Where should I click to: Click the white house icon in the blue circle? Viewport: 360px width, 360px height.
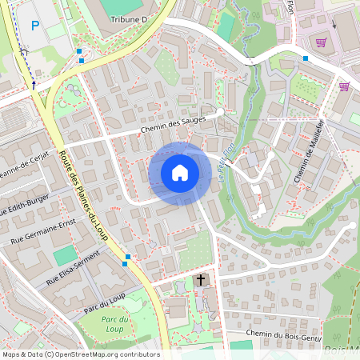point(179,172)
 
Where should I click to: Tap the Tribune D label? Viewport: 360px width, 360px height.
point(129,18)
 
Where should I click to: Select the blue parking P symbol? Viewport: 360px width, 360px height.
point(34,26)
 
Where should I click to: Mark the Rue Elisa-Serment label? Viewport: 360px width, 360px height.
point(74,268)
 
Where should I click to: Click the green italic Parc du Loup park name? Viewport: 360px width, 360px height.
point(114,324)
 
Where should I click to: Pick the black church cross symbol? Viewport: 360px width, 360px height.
point(200,280)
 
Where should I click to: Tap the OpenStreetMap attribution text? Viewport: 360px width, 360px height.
point(81,354)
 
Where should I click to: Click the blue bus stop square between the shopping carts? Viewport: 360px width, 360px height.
point(306,58)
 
